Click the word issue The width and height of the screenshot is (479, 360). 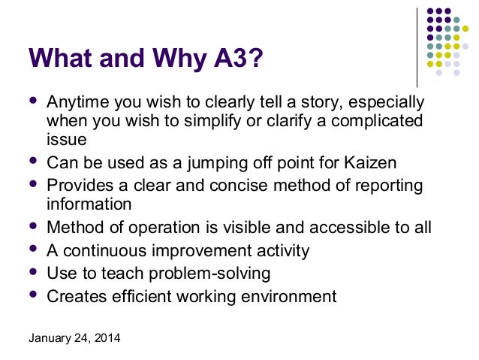(66, 139)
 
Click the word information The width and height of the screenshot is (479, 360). (89, 204)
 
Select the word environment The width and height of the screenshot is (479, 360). (286, 296)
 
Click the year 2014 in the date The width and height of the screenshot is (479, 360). (106, 337)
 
